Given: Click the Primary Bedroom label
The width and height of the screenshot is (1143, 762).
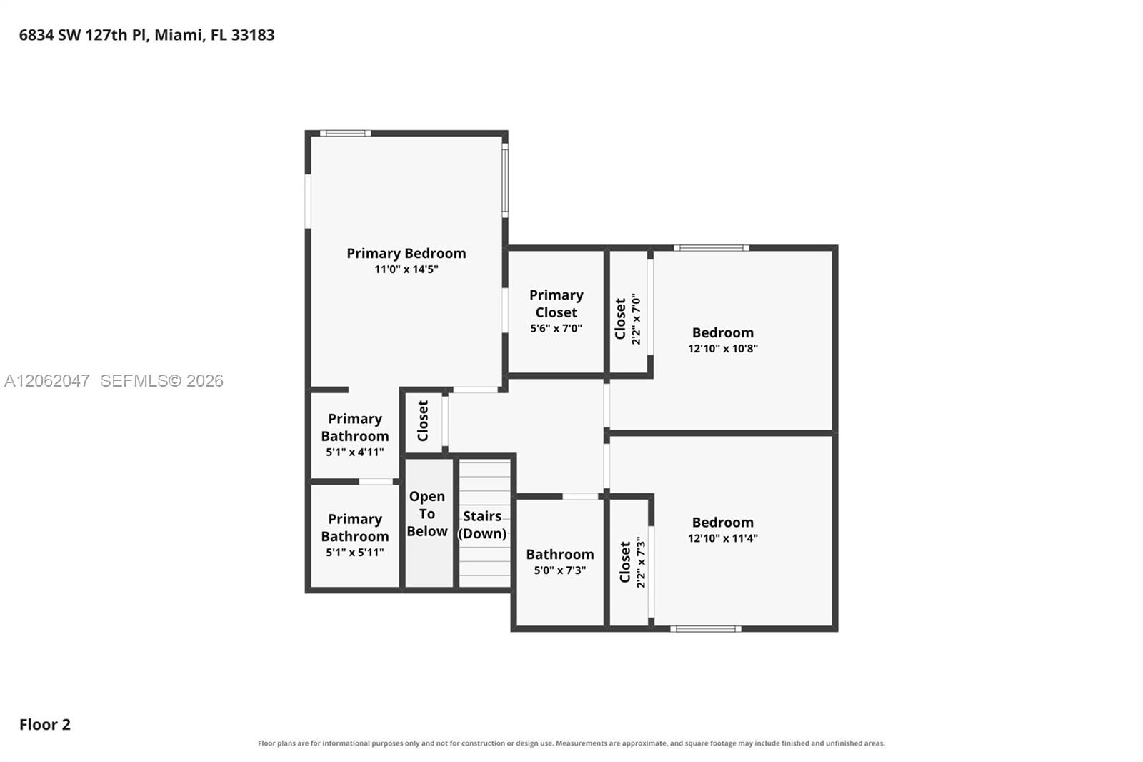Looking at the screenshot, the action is tap(406, 253).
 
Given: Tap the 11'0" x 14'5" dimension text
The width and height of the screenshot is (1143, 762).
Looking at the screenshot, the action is tap(406, 269).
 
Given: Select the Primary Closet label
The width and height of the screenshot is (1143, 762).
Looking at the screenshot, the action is tap(556, 303).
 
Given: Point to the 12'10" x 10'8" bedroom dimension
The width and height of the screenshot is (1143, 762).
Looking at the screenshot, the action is tap(722, 348).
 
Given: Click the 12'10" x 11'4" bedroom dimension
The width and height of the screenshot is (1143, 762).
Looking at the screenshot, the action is tap(722, 538).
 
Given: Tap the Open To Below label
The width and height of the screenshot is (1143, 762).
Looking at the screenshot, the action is tap(427, 514).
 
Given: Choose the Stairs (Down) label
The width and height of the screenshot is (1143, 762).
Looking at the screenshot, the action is tap(482, 525).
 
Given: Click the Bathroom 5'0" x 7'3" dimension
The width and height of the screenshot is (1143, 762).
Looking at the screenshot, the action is tap(560, 570).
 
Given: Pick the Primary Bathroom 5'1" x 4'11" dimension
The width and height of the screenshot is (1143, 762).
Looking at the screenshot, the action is tap(354, 452).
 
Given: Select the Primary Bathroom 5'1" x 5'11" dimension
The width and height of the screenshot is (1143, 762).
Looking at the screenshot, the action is tap(354, 552).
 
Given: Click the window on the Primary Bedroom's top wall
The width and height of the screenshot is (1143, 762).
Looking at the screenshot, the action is tap(346, 133).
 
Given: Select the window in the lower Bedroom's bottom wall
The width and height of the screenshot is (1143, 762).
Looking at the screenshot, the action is tap(705, 629).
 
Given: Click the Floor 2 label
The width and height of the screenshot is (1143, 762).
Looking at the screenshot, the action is tap(45, 724).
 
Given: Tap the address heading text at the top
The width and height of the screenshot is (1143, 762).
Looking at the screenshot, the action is tap(147, 35).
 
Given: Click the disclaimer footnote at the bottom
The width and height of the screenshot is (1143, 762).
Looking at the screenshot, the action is tap(571, 743).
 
